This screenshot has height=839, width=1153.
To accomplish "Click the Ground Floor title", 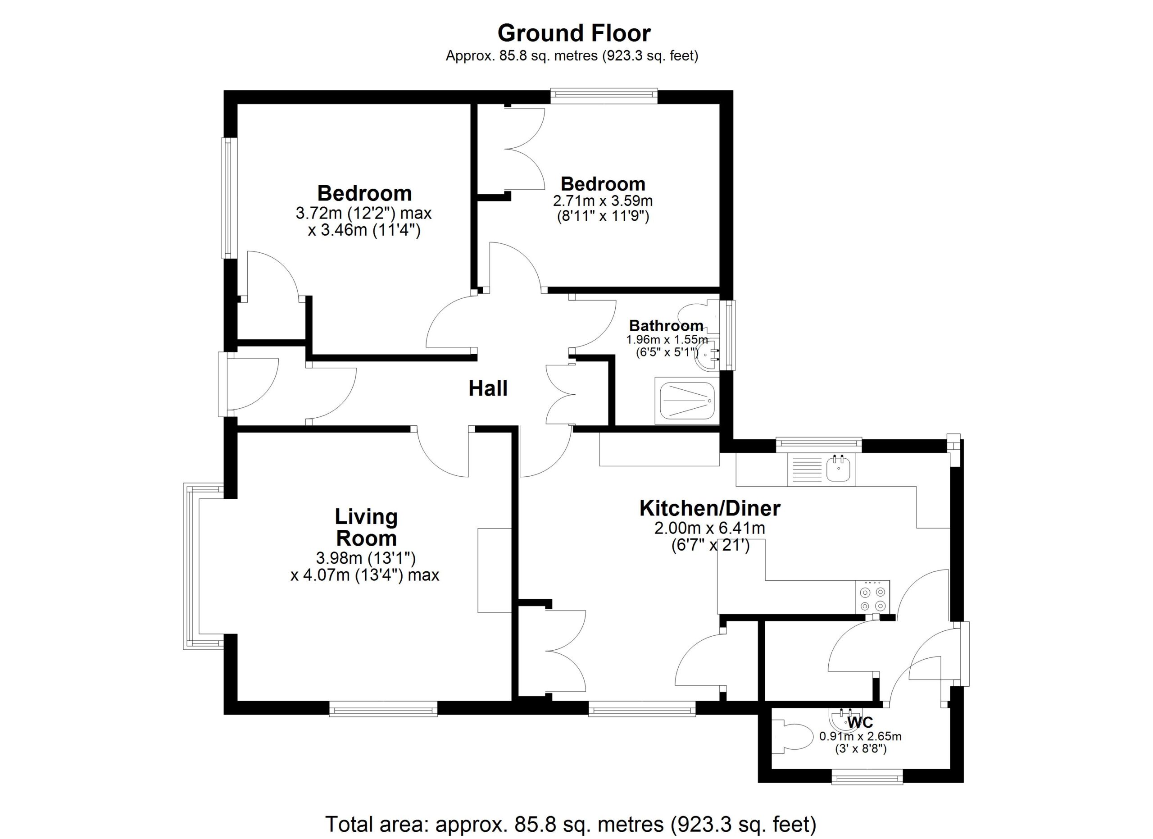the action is (574, 33).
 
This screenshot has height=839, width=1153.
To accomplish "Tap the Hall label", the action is (488, 388).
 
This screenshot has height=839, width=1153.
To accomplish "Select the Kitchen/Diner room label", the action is (710, 508).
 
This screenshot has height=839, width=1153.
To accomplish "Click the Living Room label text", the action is (366, 527).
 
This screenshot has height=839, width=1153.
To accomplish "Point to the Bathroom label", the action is (667, 325).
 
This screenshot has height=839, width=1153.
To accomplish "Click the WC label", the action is (860, 722).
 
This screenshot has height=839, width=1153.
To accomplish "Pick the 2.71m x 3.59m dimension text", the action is (603, 201).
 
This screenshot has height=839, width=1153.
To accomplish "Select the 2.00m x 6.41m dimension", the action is (710, 528).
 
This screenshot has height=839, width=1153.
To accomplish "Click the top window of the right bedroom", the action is (604, 96).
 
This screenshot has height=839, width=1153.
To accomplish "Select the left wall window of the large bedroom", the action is (229, 198).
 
